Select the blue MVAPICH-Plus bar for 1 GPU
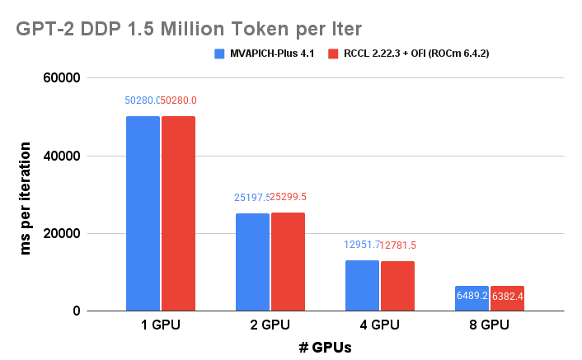click(143, 213)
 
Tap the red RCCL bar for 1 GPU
click(178, 213)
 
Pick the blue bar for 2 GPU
click(252, 262)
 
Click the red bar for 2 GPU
click(288, 262)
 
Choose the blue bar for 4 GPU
click(362, 286)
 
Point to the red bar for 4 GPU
click(397, 286)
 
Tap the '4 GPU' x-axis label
click(380, 325)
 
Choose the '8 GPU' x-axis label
click(490, 325)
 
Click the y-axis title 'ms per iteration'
click(26, 195)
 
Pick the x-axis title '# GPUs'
click(325, 347)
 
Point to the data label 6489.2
click(472, 295)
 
